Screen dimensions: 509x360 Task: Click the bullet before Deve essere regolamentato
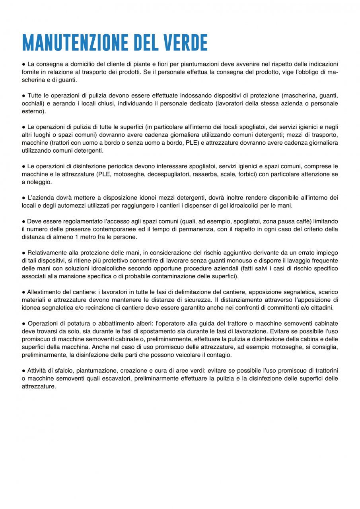point(24,221)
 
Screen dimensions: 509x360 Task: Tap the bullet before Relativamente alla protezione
point(24,253)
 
